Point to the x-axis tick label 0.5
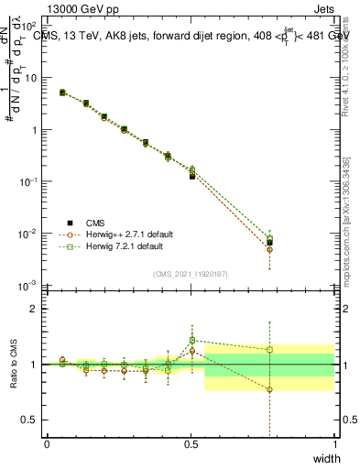(x=191, y=444)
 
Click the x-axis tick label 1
(x=334, y=444)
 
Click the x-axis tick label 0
(x=47, y=444)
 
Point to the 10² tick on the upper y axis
(x=33, y=26)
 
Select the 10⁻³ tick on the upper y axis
(x=32, y=286)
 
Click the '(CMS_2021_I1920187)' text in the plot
(x=191, y=273)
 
